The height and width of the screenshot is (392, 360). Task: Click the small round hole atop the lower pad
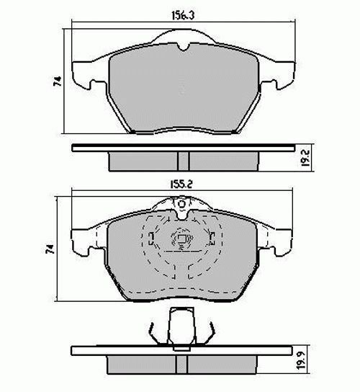click(183, 213)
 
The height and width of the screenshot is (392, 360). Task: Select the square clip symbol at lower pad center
click(181, 241)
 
